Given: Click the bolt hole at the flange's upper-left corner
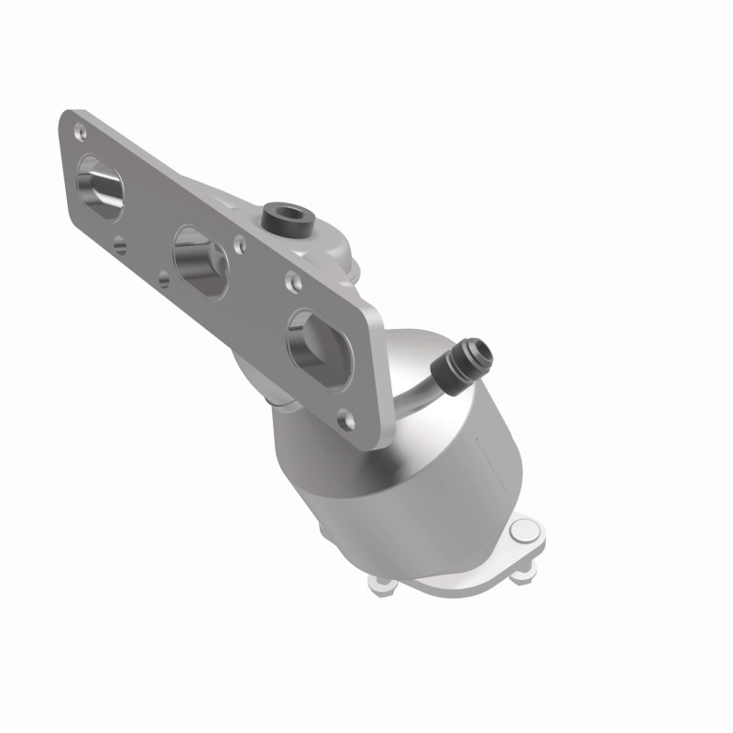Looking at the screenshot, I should (80, 130).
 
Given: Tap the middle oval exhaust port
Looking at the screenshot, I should (200, 262).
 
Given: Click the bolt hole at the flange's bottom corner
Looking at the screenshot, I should (345, 420).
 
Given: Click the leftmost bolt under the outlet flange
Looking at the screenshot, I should (379, 581).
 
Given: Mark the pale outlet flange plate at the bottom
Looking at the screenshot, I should (458, 573).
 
